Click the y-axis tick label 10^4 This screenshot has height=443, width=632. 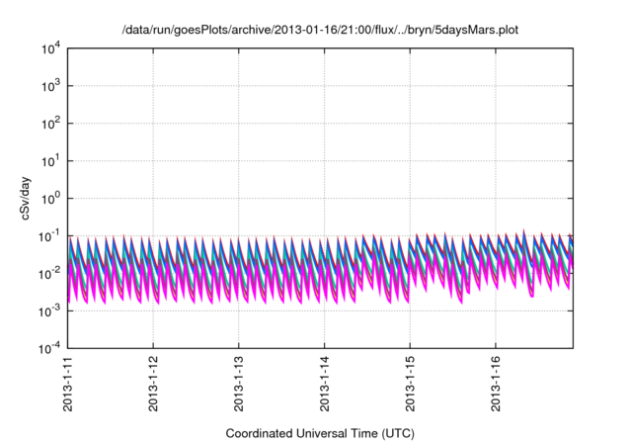point(51,47)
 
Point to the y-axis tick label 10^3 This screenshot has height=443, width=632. point(51,85)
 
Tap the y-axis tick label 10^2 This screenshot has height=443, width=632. point(51,123)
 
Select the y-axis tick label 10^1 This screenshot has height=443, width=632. point(51,160)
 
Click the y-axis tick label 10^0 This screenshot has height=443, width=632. point(51,198)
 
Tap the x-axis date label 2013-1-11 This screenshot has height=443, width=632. point(67,387)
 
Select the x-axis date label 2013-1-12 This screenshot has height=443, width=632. point(153,387)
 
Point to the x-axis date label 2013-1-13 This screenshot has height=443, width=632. point(239,387)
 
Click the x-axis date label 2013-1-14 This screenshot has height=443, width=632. point(325,387)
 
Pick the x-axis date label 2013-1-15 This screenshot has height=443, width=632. point(411,387)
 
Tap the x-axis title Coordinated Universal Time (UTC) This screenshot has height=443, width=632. point(319,433)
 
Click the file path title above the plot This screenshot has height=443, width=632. point(319,31)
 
